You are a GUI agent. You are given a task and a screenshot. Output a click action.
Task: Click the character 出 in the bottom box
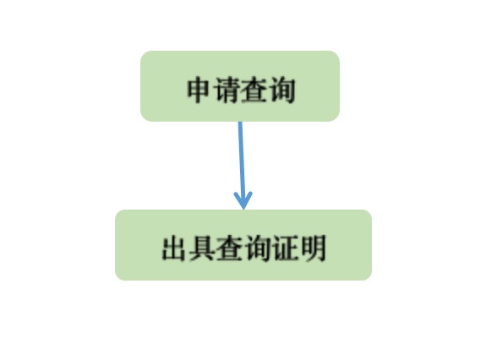click(173, 248)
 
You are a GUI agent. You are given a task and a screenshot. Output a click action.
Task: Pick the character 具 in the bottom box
click(201, 248)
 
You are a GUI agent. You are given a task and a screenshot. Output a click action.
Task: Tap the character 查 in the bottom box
click(229, 248)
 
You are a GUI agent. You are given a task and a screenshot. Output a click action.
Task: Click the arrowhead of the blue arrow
click(243, 200)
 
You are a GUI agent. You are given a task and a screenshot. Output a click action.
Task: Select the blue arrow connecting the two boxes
click(242, 166)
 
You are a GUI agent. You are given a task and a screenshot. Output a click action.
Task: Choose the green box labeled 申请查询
click(240, 86)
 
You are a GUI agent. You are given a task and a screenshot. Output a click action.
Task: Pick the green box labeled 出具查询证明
click(243, 245)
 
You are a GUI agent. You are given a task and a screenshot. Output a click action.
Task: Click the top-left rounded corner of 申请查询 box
click(144, 54)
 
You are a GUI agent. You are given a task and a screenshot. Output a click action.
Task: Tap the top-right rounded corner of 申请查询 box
click(336, 54)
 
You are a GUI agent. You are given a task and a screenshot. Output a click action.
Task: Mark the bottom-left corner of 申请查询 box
click(144, 118)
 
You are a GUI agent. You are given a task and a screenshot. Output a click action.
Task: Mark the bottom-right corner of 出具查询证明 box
click(369, 277)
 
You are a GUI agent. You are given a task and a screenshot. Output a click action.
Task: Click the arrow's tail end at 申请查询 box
click(240, 122)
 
